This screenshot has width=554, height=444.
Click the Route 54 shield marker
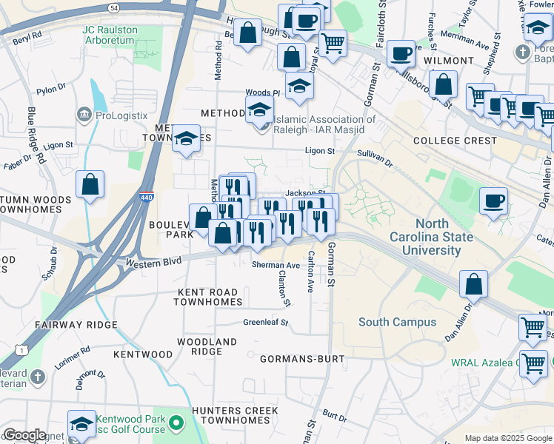[113, 7]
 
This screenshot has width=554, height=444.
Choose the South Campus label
[389, 321]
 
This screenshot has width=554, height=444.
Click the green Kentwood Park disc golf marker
[176, 424]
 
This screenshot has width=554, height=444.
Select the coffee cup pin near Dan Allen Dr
[493, 200]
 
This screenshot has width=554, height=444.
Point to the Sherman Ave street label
[276, 264]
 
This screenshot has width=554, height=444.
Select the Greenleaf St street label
[265, 322]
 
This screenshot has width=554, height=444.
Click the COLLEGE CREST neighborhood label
[455, 140]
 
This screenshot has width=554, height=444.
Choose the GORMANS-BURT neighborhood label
[302, 359]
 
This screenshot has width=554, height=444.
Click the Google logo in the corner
[24, 435]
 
